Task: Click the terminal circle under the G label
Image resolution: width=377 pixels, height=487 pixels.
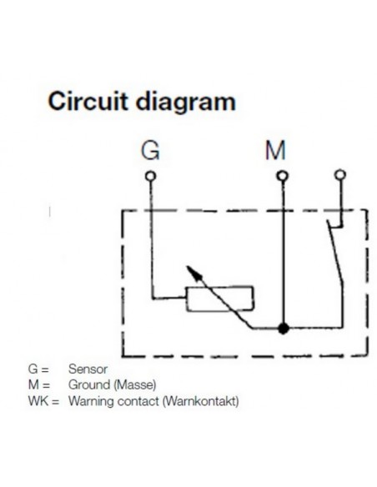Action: pos(150,176)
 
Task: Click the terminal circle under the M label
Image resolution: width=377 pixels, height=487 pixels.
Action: pos(283,176)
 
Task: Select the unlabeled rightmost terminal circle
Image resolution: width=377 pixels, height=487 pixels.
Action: pos(339,175)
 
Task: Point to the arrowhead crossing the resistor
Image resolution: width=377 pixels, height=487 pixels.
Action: pos(190,271)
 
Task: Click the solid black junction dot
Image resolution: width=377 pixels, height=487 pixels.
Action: pos(284,329)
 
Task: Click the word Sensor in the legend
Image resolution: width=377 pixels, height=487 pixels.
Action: pos(88,368)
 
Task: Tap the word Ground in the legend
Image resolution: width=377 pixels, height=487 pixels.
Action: pos(88,384)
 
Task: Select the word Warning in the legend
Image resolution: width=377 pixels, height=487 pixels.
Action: pos(92,401)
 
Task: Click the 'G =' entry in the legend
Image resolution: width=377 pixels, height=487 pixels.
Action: pos(40,368)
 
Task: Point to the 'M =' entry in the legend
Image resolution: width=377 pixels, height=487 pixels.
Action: pos(40,384)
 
